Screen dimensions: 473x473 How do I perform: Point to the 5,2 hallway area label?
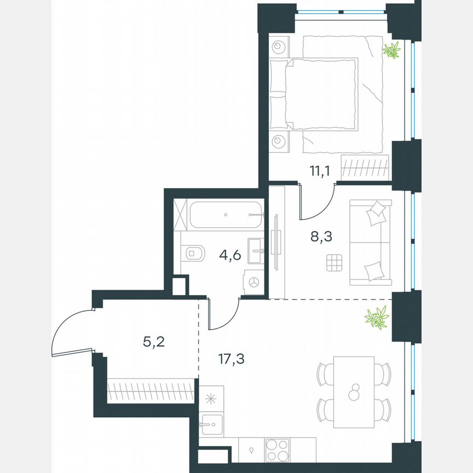point(154,343)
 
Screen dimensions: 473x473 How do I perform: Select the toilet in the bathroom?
point(193,252)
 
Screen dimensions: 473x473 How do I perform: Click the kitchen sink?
point(211,423)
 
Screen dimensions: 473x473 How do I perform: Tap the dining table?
point(354,392)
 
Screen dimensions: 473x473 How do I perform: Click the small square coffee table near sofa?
point(333,263)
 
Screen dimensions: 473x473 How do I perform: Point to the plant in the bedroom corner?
point(391,51)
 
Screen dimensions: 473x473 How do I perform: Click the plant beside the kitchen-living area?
point(377,318)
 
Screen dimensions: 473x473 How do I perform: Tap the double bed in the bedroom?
point(323,94)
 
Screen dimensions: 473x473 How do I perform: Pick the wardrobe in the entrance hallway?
point(152,391)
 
